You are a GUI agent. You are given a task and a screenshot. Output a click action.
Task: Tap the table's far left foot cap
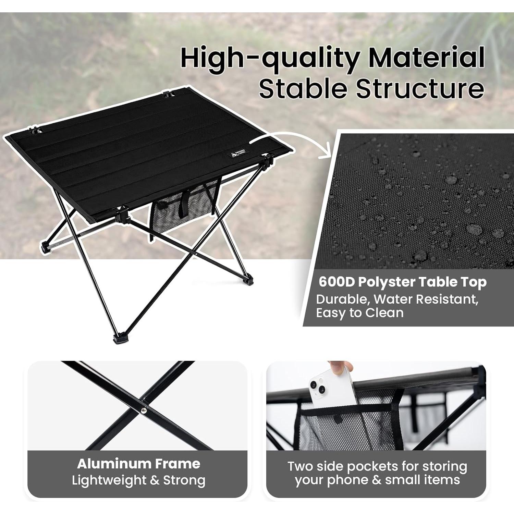point(46,247)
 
